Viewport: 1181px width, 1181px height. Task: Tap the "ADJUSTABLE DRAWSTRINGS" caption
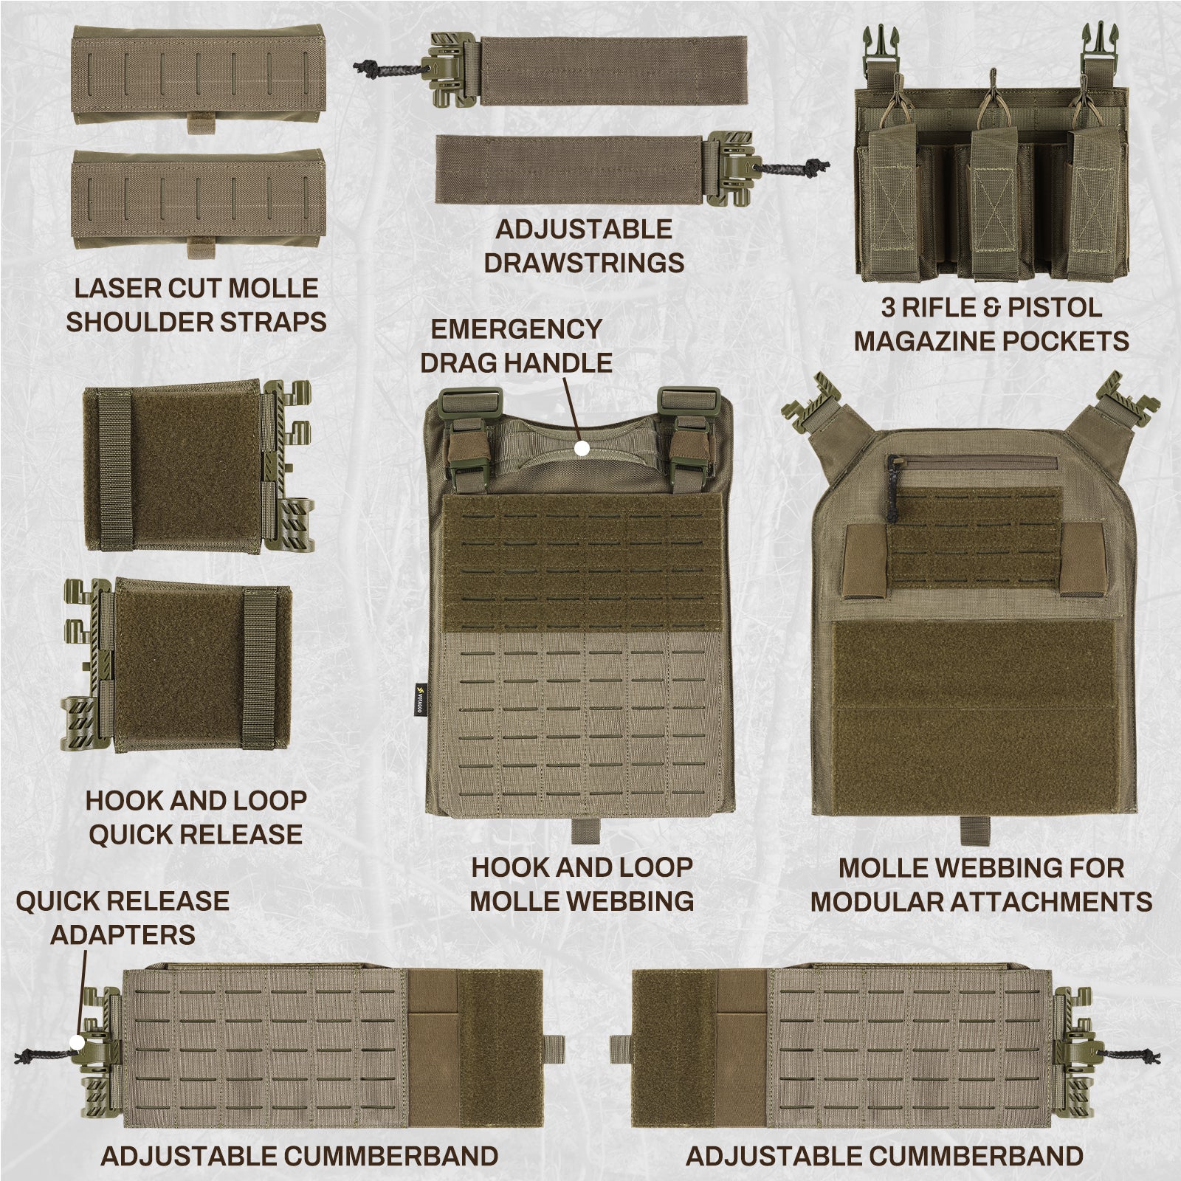[x=584, y=246]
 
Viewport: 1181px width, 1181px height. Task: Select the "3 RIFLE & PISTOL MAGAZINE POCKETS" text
[x=992, y=324]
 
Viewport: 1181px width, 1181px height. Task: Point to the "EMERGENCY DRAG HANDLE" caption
[x=517, y=345]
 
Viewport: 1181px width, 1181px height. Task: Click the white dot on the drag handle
[x=582, y=448]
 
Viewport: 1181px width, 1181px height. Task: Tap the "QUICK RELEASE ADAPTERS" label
[x=123, y=917]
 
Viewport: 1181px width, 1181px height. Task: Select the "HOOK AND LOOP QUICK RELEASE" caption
[x=196, y=817]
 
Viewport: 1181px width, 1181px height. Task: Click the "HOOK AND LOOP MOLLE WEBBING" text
[x=582, y=884]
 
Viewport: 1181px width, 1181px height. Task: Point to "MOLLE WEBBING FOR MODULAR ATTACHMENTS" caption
[x=982, y=884]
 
